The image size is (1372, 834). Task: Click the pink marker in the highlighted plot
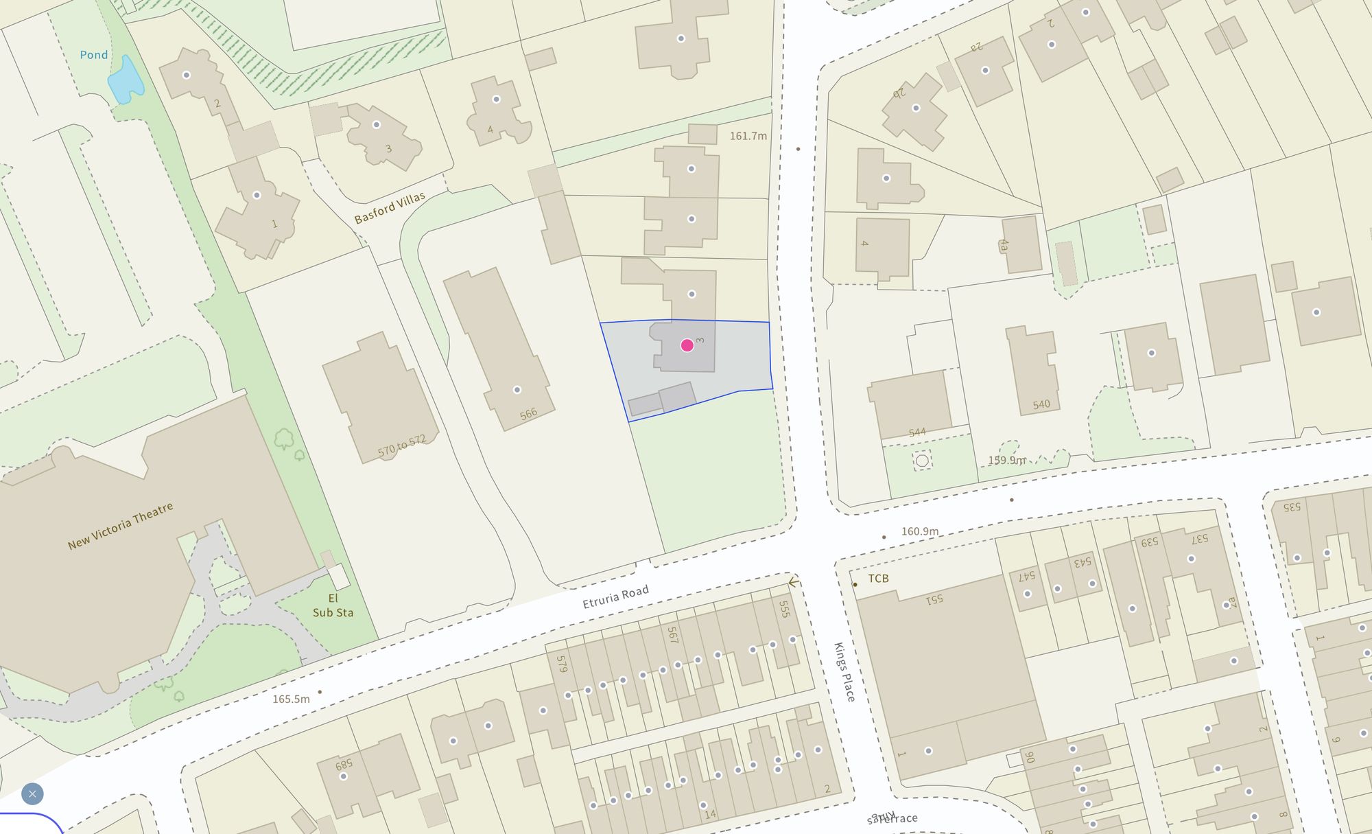point(687,345)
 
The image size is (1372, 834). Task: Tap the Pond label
point(94,55)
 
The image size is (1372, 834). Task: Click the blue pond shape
point(126,81)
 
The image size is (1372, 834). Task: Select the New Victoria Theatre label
point(120,526)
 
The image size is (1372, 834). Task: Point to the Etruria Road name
point(615,597)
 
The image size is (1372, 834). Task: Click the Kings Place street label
point(844,672)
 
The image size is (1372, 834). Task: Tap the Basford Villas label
point(390,207)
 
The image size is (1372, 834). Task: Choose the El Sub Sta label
point(333,605)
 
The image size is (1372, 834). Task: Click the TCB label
point(878,578)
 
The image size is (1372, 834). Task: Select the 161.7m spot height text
point(748,136)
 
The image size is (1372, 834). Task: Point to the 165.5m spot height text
point(291,699)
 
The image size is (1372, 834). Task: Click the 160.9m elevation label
point(919,531)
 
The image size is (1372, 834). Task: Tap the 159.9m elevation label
point(1007,460)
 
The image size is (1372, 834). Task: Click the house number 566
point(528,414)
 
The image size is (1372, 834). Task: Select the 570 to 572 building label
point(401,446)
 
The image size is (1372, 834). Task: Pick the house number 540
point(1041,404)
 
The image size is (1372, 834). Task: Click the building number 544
point(917,432)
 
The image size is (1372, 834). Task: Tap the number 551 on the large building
point(934,599)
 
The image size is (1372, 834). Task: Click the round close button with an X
point(32,794)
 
